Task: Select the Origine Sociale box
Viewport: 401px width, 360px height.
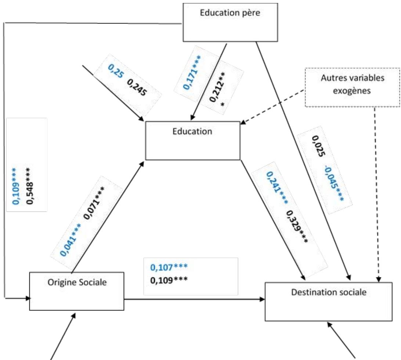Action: click(x=77, y=291)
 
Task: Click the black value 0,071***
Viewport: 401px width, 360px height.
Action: click(x=94, y=203)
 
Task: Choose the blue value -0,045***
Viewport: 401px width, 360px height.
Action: click(x=334, y=183)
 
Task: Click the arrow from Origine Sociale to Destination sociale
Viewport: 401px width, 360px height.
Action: click(x=195, y=299)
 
